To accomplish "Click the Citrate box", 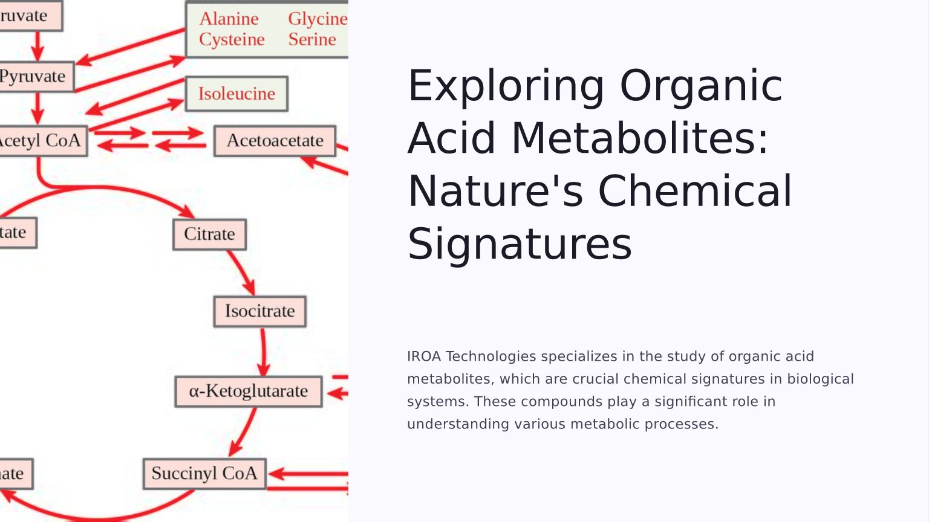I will [x=209, y=234].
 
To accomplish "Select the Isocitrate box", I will [x=260, y=311].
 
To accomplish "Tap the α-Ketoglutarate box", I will [x=248, y=391].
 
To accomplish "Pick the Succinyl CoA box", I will [x=204, y=474].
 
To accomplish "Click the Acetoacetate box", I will [x=275, y=141].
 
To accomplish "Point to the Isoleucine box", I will [x=236, y=94].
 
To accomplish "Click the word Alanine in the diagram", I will [x=229, y=19].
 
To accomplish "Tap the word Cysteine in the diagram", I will [x=232, y=40].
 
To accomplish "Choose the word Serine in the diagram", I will [x=312, y=40].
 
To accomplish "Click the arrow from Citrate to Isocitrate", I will [x=242, y=272].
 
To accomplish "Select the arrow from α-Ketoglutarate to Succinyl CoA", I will [x=243, y=432].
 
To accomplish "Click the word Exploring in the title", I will [x=506, y=86].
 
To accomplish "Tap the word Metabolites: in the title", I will [x=640, y=138].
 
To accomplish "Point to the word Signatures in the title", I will [x=520, y=244].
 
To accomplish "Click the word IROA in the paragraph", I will [x=424, y=356].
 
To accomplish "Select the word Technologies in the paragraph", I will [x=491, y=356].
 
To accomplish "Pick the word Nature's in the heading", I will [x=495, y=191].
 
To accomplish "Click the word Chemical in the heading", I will [x=695, y=191].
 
